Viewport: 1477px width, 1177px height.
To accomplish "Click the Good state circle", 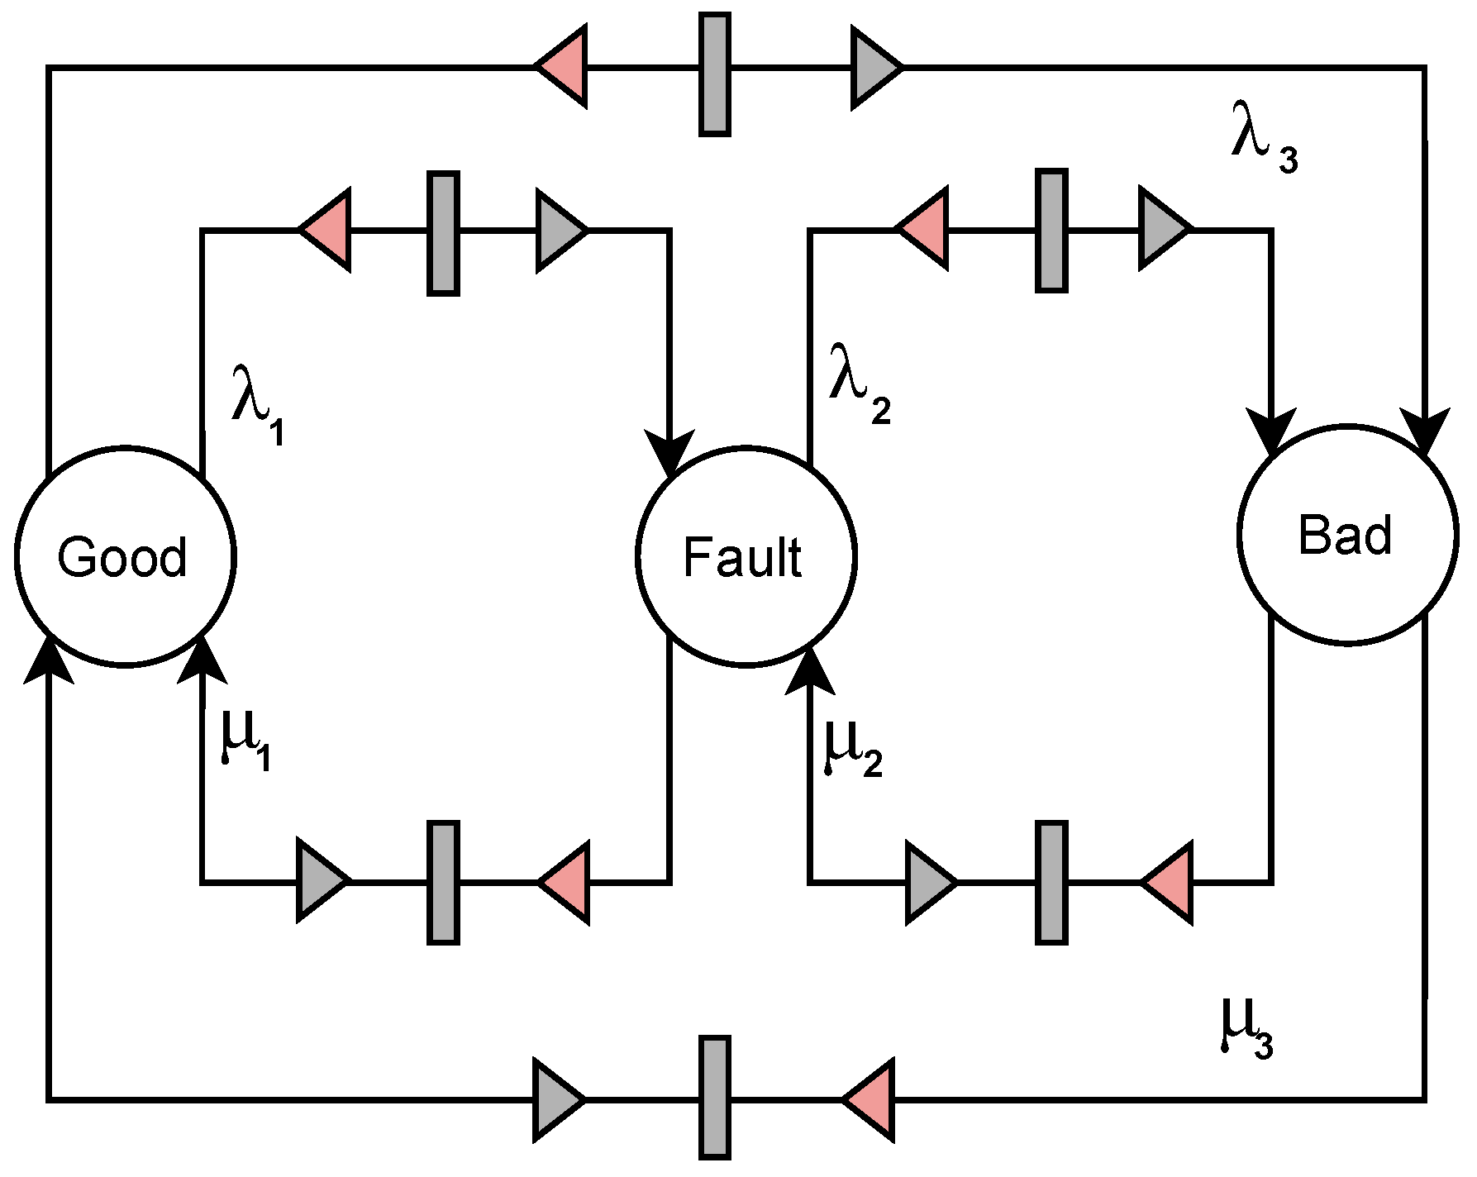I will [126, 555].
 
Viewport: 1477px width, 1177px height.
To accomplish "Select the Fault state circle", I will [746, 555].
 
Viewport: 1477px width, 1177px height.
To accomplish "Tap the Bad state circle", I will [1347, 535].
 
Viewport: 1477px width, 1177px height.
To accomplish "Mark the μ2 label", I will [851, 748].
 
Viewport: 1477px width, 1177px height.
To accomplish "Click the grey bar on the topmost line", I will [714, 74].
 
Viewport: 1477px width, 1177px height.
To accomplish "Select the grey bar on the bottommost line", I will [714, 1097].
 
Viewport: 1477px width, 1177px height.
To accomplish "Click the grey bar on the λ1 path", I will [443, 233].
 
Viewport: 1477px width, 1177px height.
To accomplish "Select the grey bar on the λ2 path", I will [1051, 231].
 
